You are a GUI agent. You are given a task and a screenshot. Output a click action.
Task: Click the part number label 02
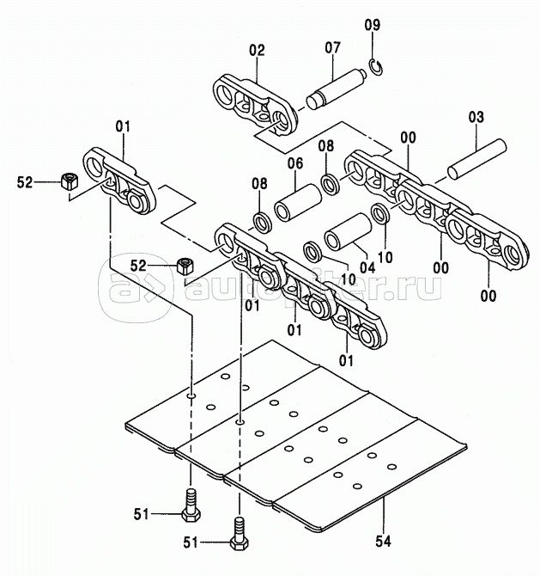pos(257,50)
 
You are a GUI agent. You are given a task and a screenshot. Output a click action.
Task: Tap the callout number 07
pos(333,47)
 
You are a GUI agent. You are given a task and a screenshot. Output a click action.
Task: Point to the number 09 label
pos(373,25)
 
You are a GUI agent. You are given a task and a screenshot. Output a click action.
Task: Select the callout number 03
pos(476,117)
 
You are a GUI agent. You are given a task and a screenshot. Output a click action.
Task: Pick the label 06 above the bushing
pos(295,163)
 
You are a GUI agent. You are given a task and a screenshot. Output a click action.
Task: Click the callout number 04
pos(367,267)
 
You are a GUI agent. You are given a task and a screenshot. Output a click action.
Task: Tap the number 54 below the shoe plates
pos(383,541)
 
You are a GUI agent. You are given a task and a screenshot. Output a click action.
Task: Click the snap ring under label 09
pos(376,67)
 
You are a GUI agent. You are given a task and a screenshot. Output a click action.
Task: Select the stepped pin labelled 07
pos(337,89)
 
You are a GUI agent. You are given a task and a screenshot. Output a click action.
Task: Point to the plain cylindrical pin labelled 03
pos(477,159)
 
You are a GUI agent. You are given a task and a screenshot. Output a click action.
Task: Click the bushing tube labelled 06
pos(298,203)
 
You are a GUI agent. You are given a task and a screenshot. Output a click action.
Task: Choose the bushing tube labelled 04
pos(348,232)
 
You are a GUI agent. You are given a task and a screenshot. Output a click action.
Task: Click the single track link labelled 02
pos(256,105)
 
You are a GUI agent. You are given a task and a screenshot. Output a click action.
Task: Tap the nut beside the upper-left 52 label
pos(69,181)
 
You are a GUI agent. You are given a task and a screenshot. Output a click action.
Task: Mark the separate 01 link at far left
pos(120,181)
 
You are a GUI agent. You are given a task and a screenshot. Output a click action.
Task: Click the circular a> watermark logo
pos(136,288)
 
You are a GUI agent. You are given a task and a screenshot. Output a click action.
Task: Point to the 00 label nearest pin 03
pos(409,138)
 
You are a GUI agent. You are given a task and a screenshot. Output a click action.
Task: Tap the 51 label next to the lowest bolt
pos(191,542)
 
